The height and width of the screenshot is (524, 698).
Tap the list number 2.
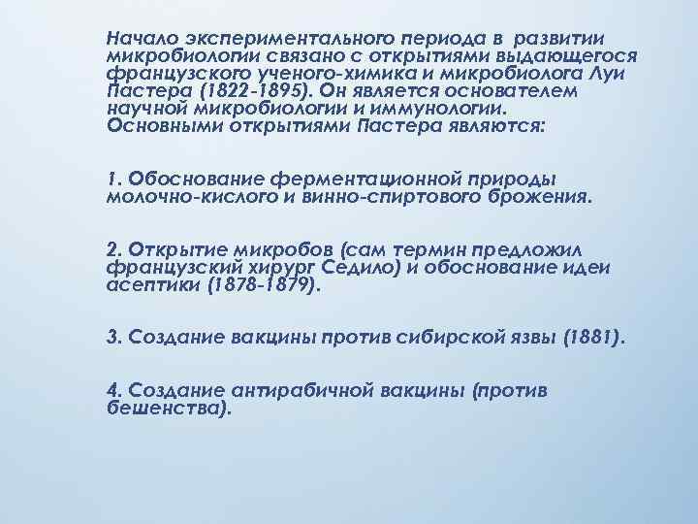(112, 249)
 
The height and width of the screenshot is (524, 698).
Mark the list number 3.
(112, 338)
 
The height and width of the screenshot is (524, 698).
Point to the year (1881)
(594, 338)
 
